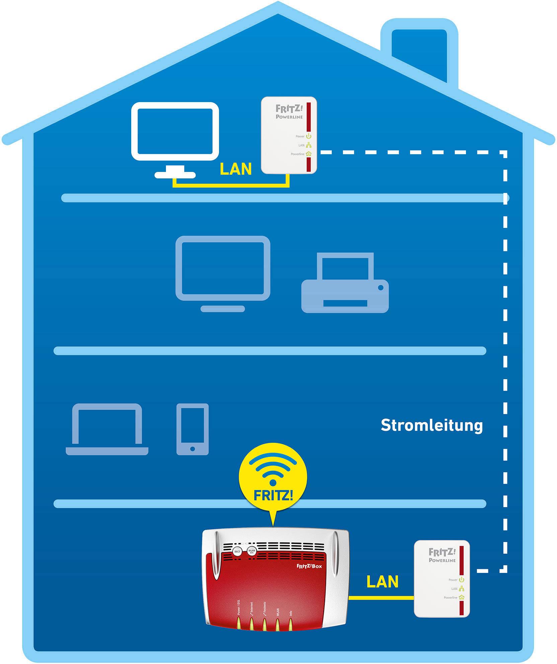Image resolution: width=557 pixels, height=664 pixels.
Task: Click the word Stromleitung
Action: [431, 425]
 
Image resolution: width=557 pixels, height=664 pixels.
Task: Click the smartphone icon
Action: [192, 429]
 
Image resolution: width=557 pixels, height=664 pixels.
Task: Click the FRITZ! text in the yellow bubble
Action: [273, 495]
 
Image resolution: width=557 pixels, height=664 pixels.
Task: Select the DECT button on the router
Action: [237, 552]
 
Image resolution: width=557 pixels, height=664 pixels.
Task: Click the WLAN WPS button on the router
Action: [252, 551]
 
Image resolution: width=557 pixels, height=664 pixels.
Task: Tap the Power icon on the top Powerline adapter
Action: [309, 136]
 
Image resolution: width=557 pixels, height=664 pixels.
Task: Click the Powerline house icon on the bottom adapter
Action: [462, 597]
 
